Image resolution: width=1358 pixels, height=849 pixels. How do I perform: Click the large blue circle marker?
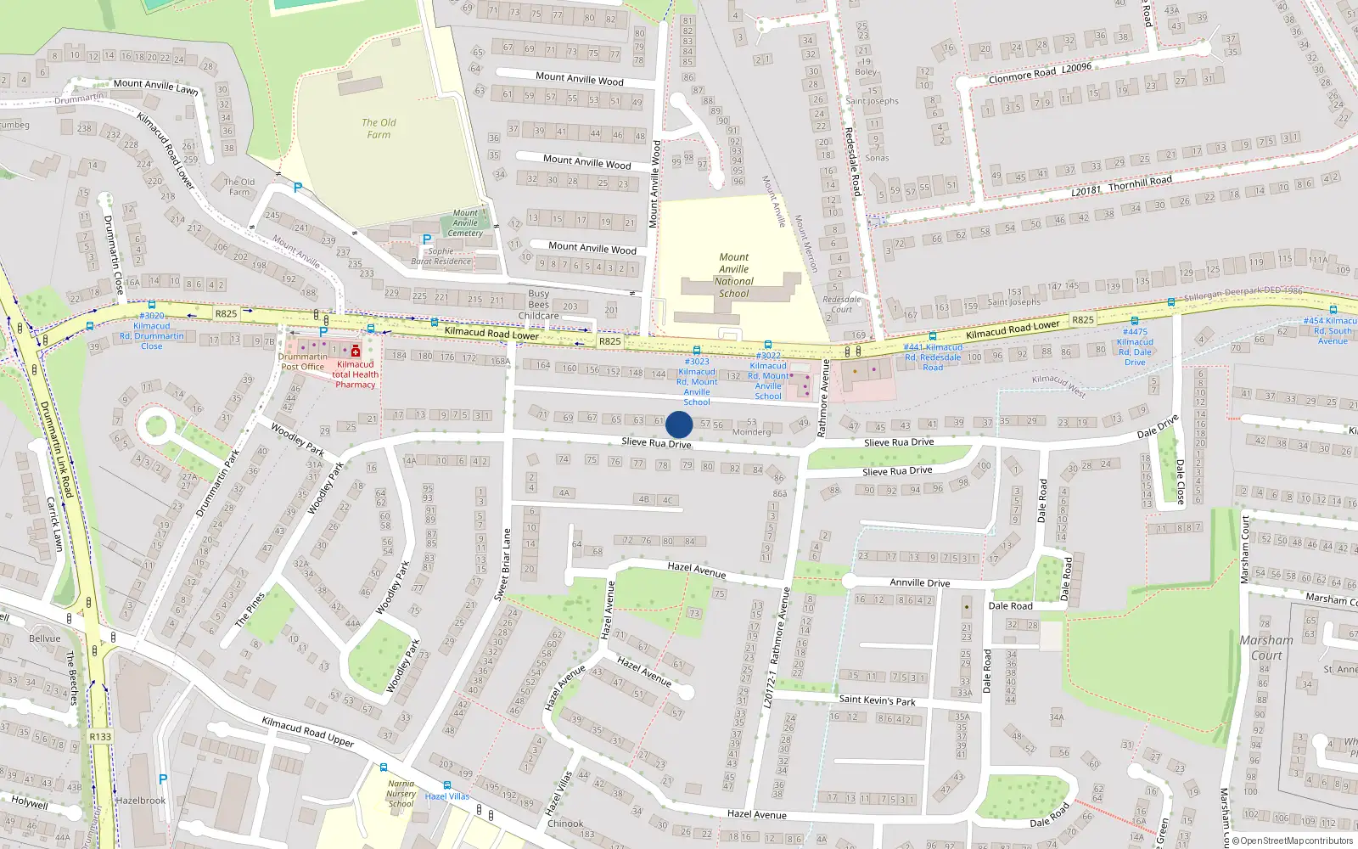click(679, 424)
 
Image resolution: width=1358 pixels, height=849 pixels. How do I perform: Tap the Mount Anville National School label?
click(733, 275)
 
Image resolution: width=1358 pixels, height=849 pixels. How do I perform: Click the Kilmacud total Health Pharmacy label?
click(355, 374)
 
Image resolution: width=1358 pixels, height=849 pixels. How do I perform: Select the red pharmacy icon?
click(356, 351)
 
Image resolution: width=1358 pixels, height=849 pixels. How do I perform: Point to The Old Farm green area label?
click(379, 128)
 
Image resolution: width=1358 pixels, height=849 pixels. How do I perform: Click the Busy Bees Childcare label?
click(538, 305)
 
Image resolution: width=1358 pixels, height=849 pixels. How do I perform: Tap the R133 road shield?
click(100, 736)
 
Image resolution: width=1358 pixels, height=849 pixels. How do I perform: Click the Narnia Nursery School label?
click(401, 794)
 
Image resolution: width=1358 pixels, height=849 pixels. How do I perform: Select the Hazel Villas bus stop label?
click(446, 796)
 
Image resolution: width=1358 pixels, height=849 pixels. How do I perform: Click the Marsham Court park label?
click(1266, 648)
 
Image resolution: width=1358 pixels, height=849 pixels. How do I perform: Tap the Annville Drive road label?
click(919, 583)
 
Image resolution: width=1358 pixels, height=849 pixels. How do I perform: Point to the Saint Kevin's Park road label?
click(877, 700)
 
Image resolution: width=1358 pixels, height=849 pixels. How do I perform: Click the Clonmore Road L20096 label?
click(1040, 72)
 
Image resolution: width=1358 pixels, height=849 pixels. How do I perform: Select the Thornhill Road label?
click(1121, 185)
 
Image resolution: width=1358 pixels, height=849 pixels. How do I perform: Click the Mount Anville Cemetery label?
click(465, 223)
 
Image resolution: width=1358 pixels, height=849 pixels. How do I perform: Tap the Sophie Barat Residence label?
click(441, 256)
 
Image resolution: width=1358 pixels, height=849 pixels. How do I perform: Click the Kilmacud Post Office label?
click(303, 362)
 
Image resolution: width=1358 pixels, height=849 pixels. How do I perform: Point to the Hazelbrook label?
click(141, 801)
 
